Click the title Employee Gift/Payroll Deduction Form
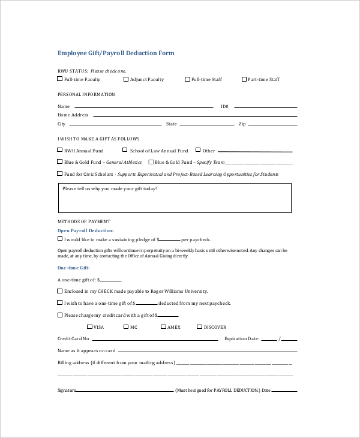pos(116,53)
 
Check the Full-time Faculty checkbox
pos(59,79)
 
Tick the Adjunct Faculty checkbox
pos(126,79)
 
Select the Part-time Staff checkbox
pos(244,79)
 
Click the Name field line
pos(144,107)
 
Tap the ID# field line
pos(264,107)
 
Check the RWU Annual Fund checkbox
pos(59,151)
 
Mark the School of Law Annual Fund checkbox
pos(125,151)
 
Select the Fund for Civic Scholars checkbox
pos(59,174)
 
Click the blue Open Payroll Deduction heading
pos(85,230)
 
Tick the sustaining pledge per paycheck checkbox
pos(59,239)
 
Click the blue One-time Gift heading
pos(73,268)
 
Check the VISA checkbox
pos(89,327)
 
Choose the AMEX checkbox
pos(163,327)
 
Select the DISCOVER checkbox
pos(200,327)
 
